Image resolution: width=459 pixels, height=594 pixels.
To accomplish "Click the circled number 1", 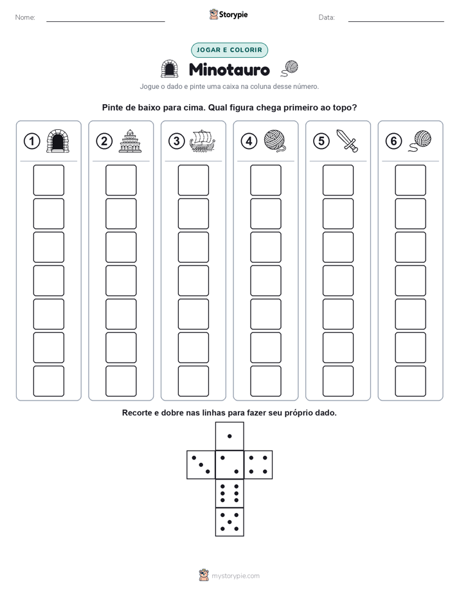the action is (32, 141).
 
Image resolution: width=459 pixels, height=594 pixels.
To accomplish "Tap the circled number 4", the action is (249, 141).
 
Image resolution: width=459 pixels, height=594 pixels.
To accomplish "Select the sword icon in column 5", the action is (347, 141).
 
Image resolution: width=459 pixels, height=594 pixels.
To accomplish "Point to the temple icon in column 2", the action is (130, 141).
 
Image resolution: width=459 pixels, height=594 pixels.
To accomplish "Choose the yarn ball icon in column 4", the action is (275, 141).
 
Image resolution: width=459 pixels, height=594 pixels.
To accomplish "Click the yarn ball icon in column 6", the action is (420, 141).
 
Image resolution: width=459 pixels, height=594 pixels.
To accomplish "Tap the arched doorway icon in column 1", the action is (58, 141).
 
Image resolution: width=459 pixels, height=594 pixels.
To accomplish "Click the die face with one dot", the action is (230, 437).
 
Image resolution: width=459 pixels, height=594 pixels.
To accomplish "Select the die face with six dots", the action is (230, 493).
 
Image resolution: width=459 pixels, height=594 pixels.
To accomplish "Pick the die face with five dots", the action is (230, 522).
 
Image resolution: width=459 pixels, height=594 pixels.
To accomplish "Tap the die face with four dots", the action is (258, 465).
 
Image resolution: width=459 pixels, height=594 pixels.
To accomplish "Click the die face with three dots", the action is (201, 465).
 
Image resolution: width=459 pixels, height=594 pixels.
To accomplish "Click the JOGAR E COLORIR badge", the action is (230, 50).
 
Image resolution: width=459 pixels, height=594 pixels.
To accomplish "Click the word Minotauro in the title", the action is (229, 69).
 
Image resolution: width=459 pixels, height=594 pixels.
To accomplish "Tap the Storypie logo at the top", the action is (229, 15).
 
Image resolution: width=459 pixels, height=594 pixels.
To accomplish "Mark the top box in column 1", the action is (48, 180).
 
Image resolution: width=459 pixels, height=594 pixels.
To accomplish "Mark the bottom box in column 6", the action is (411, 381).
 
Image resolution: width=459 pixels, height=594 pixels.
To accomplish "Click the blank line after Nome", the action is (105, 21).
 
